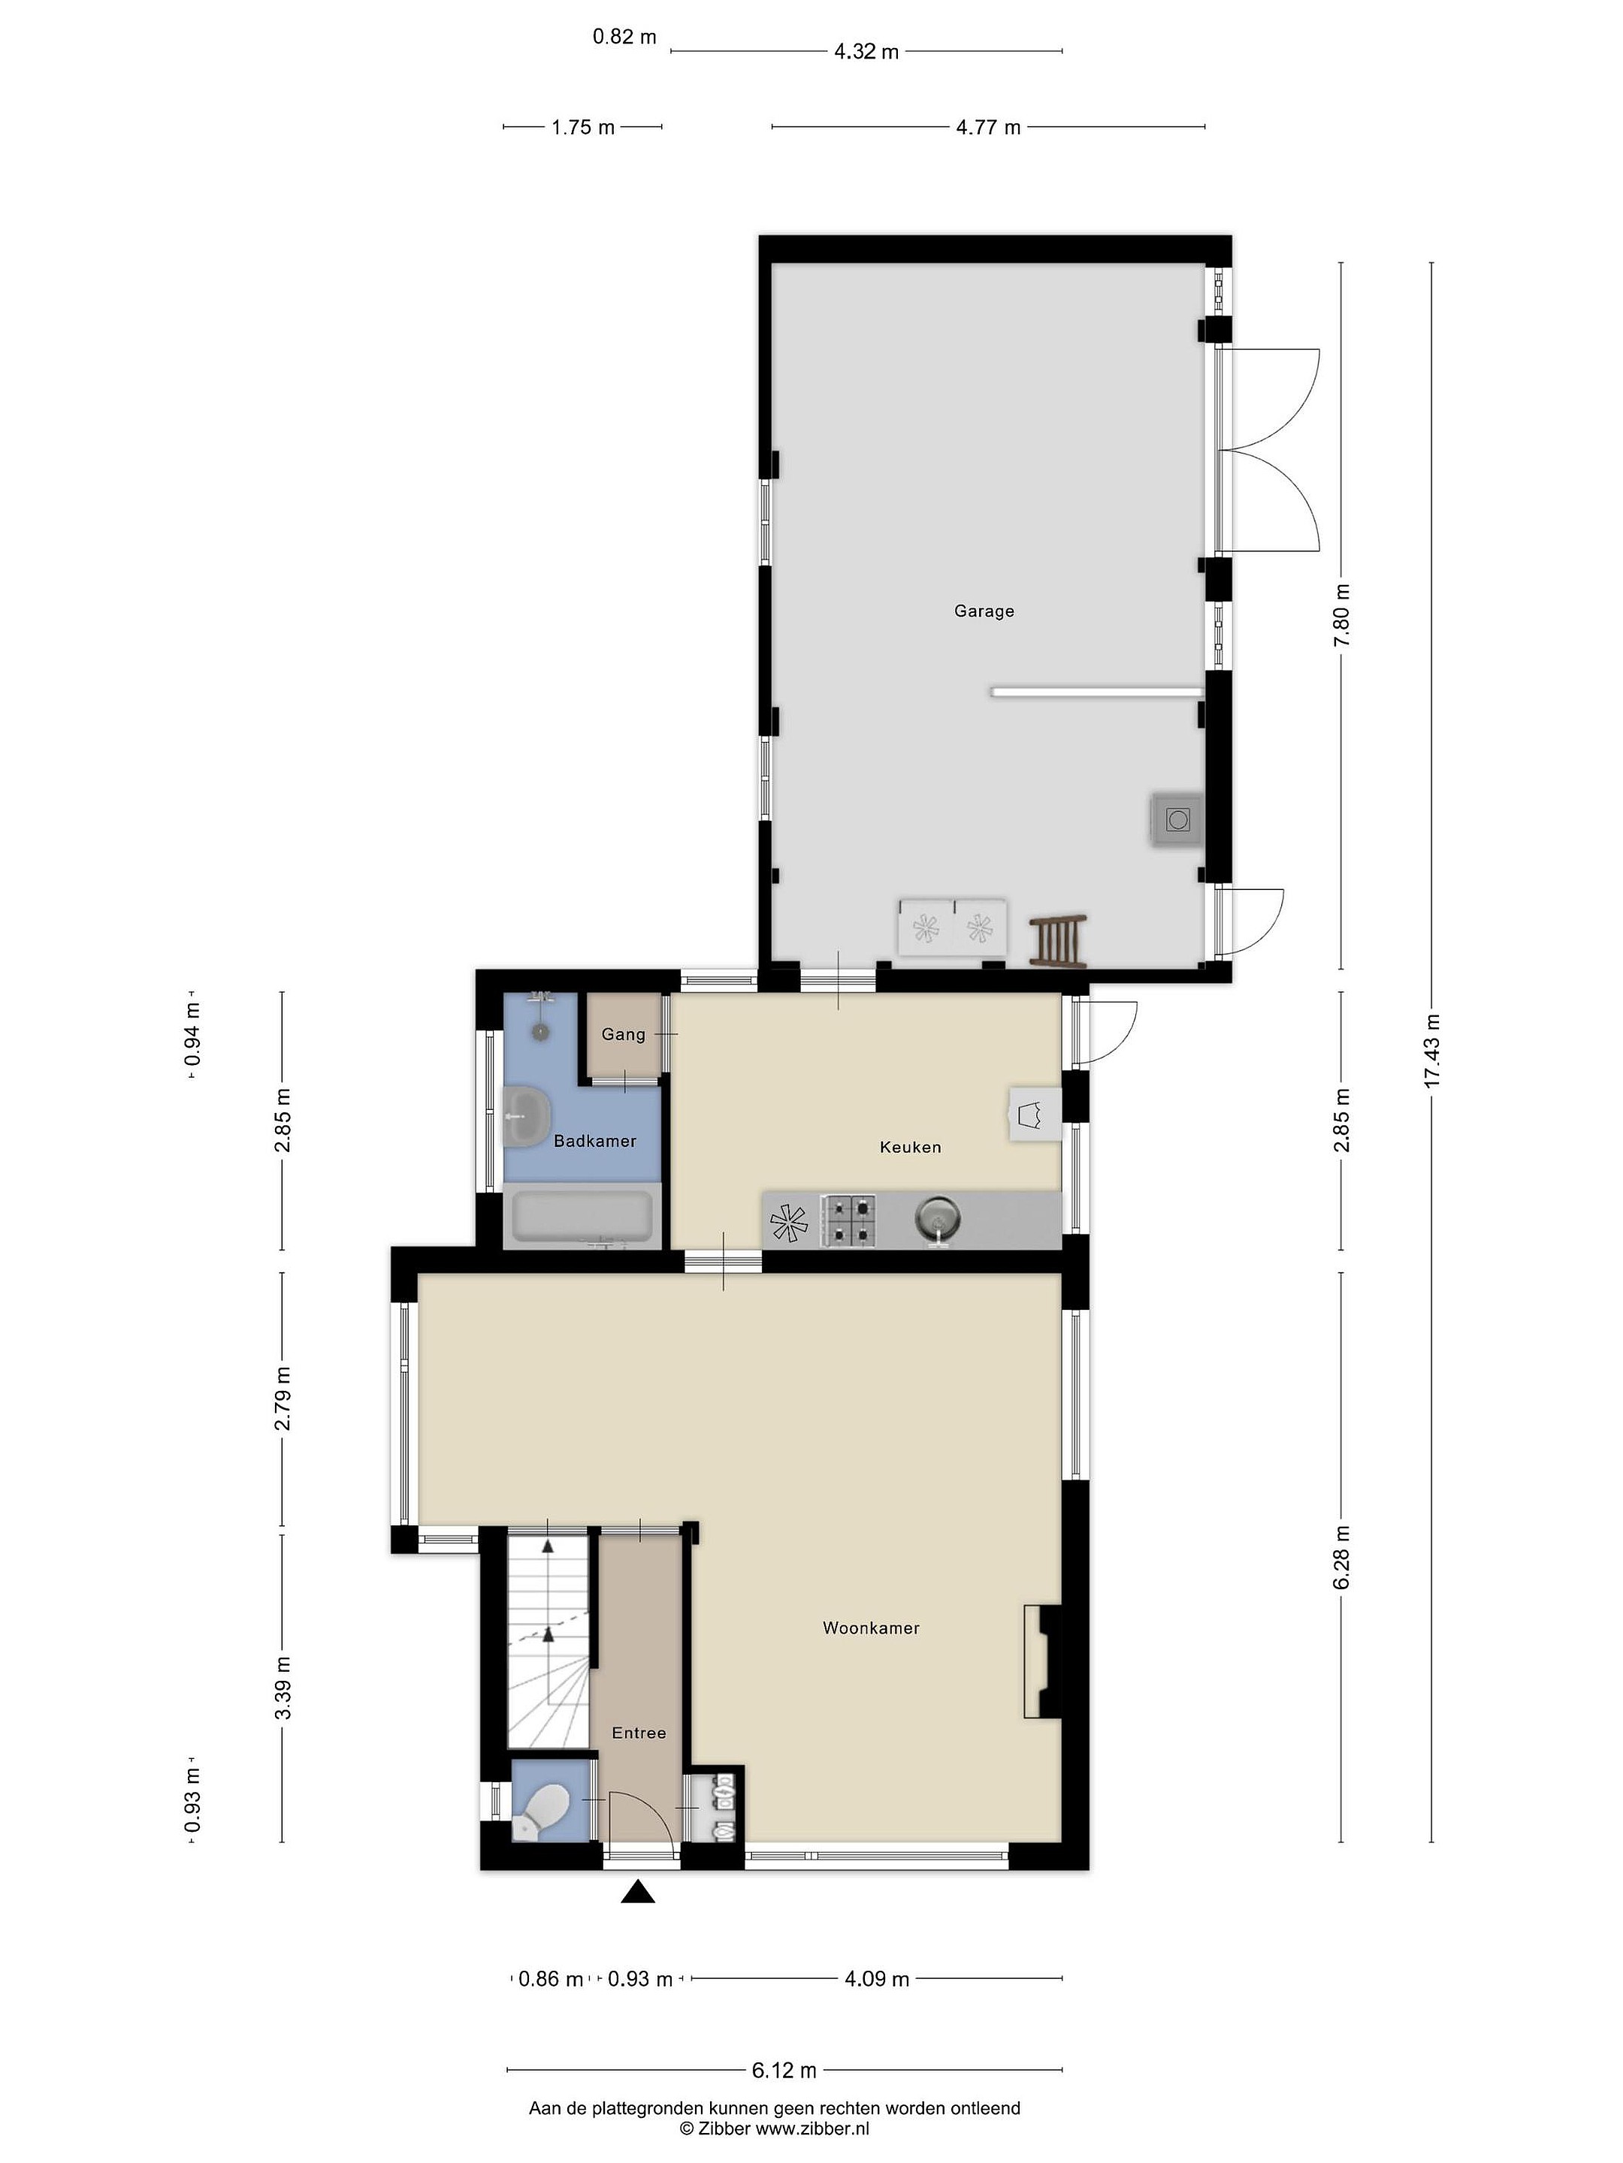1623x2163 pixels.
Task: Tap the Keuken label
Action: point(910,1147)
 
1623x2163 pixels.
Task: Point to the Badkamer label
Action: point(595,1141)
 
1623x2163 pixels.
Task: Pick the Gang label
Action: point(623,1035)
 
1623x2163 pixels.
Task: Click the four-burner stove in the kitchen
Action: point(848,1221)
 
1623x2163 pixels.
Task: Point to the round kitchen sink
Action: point(937,1220)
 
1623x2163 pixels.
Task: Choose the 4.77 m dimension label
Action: point(988,127)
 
